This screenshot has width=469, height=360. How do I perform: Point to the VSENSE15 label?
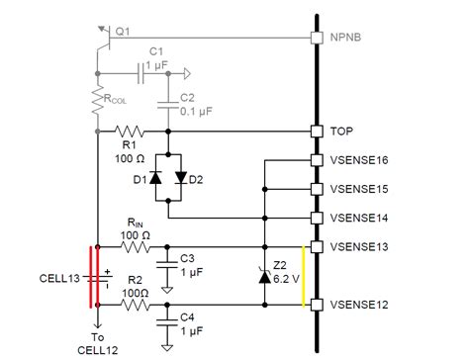point(363,187)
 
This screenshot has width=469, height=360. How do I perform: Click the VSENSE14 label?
point(363,216)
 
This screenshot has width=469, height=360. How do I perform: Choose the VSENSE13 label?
point(363,244)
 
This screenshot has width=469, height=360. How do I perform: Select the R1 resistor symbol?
point(131,130)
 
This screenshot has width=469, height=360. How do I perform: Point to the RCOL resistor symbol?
point(97,102)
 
